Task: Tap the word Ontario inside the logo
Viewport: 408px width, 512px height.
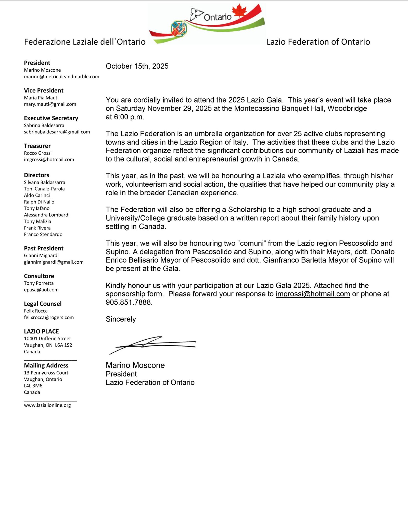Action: pos(218,17)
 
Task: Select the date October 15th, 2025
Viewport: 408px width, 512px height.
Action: pos(137,66)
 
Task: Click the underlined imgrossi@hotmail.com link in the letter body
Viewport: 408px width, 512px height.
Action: pos(313,294)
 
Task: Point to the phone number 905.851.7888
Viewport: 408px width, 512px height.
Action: pos(129,302)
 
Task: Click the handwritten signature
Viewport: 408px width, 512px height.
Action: pos(152,344)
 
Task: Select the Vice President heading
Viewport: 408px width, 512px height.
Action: pos(44,91)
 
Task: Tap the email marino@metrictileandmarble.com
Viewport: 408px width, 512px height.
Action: pos(61,77)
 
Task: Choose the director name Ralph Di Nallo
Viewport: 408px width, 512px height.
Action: pos(39,202)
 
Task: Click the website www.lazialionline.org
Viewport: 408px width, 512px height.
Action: pos(47,405)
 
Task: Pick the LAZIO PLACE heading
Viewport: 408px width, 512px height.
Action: pos(41,331)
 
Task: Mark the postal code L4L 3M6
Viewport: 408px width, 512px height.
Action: pos(33,386)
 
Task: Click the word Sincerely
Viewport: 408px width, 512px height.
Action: pos(121,319)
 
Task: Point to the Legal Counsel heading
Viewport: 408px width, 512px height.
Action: pos(43,304)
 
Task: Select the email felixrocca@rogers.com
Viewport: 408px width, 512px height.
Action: pos(49,317)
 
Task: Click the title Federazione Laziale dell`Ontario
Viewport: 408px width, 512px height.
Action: pos(85,42)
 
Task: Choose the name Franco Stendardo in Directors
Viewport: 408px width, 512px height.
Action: pos(43,234)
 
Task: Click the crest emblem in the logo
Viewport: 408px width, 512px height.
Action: pos(179,28)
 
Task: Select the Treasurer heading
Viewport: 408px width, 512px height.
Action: pos(37,146)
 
